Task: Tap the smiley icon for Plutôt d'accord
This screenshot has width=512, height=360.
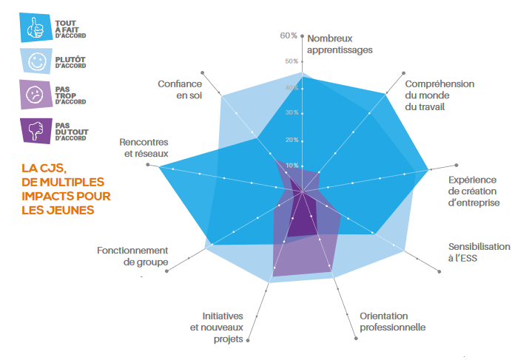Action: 35,62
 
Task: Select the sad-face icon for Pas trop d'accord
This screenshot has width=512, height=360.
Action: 35,95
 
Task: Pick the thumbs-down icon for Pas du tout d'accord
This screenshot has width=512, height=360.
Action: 35,130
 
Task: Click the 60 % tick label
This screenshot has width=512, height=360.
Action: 289,35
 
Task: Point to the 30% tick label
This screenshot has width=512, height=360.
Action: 292,112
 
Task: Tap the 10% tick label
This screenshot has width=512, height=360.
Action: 292,165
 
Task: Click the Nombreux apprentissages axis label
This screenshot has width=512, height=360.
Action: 340,44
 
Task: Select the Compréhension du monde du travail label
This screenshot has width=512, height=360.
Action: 439,95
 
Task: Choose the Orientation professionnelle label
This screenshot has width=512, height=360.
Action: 392,322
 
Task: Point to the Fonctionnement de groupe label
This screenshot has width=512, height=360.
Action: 132,256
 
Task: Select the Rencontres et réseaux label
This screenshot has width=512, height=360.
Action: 144,147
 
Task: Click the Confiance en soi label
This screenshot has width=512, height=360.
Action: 180,89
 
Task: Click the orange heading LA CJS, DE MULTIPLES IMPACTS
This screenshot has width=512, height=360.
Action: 63,190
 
